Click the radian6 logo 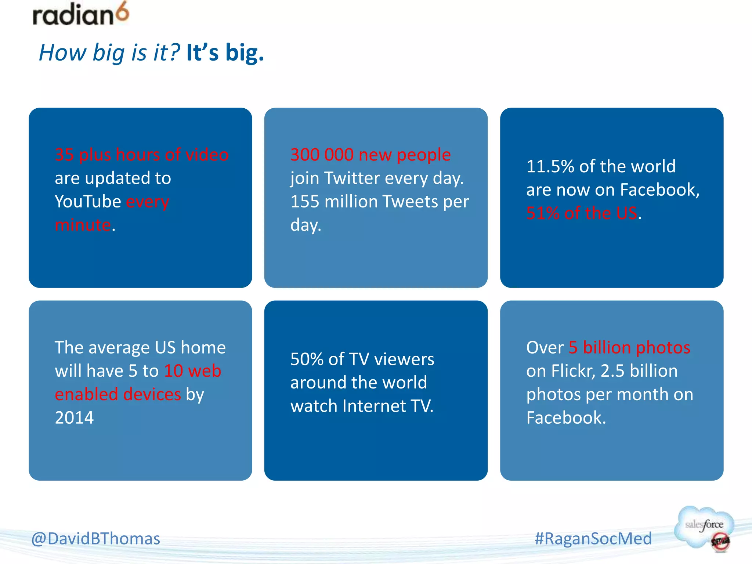[81, 15]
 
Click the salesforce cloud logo [704, 528]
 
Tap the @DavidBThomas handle [96, 539]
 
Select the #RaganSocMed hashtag [593, 539]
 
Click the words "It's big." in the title [225, 53]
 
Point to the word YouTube [88, 202]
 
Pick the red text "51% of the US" [582, 213]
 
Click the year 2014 [74, 418]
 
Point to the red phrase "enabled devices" [118, 394]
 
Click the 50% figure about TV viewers [307, 359]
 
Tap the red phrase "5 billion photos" [629, 347]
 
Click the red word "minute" [83, 225]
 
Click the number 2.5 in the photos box [612, 371]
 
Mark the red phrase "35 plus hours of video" [142, 155]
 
